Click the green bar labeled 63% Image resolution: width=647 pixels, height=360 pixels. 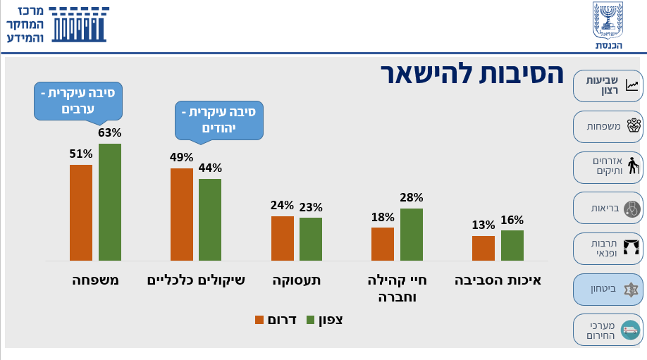click(x=110, y=202)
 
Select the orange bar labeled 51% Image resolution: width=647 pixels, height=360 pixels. click(x=81, y=213)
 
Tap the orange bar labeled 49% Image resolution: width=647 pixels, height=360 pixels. click(x=181, y=214)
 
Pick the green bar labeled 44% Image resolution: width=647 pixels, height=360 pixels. click(x=210, y=220)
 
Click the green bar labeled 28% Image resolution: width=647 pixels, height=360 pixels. click(x=412, y=235)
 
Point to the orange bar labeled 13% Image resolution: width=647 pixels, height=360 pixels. click(x=483, y=248)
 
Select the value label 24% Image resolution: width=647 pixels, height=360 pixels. click(x=282, y=206)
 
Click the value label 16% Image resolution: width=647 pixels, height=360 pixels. click(x=512, y=220)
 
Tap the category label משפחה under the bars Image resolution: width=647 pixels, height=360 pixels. click(x=96, y=280)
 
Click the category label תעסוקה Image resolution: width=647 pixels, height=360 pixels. click(x=297, y=280)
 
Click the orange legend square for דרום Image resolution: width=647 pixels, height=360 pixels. click(x=259, y=320)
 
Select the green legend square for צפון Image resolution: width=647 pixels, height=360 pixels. click(x=311, y=320)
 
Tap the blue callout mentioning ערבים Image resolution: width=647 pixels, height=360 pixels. click(x=78, y=101)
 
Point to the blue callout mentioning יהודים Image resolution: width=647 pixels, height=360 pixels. click(x=219, y=120)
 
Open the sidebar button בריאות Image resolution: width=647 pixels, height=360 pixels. click(x=608, y=209)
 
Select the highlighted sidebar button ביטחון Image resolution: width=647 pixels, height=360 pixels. click(x=608, y=290)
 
